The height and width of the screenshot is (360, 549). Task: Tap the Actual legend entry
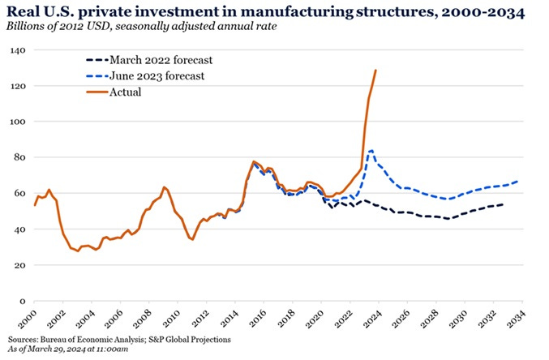click(x=125, y=92)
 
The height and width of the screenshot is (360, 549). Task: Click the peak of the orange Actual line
click(x=375, y=71)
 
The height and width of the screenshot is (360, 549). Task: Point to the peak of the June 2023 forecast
click(x=371, y=150)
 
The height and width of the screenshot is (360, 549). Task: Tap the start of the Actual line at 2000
click(x=35, y=205)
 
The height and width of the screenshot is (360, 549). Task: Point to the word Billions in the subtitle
click(x=29, y=27)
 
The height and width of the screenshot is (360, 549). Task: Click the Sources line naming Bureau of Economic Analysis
click(x=120, y=338)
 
